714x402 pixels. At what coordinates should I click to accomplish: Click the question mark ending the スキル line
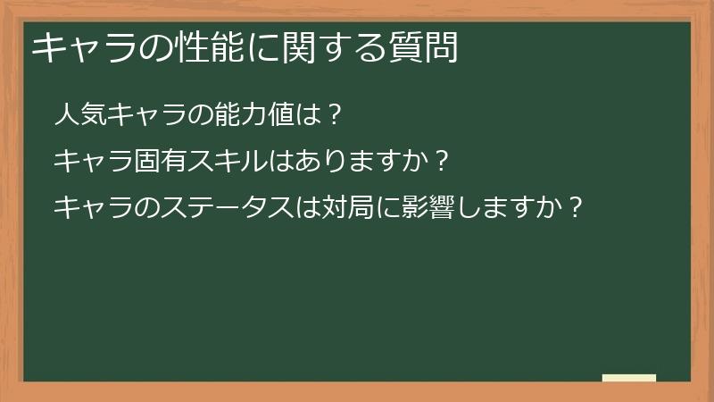point(437,162)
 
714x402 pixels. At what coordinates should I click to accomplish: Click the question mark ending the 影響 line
point(577,208)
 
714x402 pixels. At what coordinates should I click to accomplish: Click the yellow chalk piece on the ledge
point(629,378)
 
